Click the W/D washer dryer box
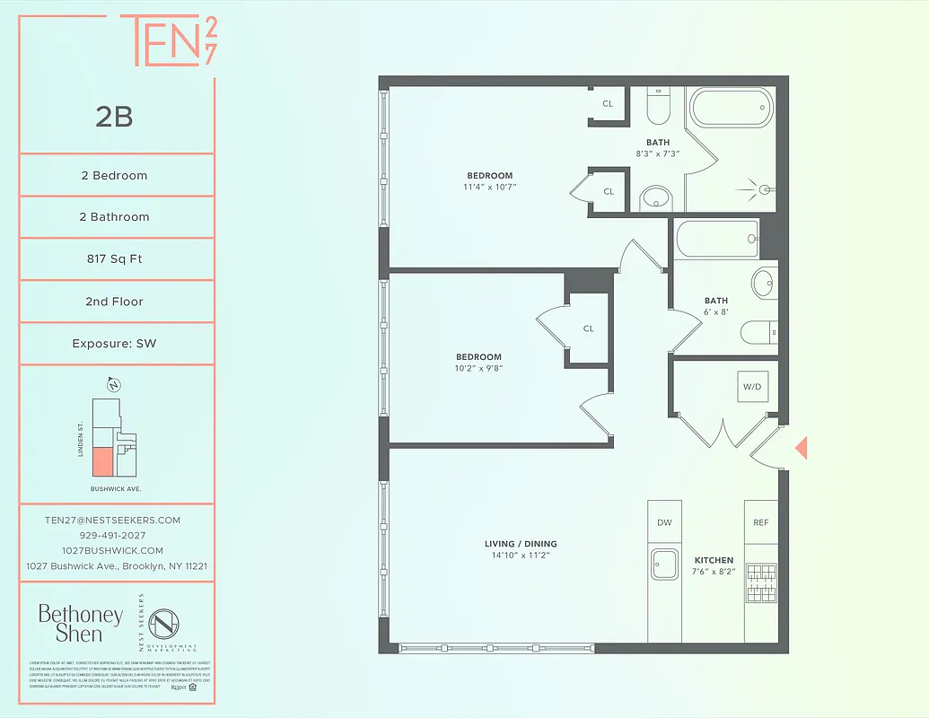tap(751, 388)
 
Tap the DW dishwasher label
tap(664, 522)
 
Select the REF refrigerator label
tap(760, 522)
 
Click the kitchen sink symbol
tap(665, 565)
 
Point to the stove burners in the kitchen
tap(760, 582)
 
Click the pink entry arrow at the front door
tap(802, 447)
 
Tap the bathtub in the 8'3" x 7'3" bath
tap(730, 109)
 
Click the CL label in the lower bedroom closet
tap(588, 328)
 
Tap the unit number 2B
tap(114, 117)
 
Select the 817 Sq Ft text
tap(114, 259)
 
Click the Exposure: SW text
tap(114, 344)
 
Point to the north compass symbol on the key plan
tap(114, 386)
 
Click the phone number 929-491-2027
tap(113, 535)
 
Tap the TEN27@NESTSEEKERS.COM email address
tap(113, 520)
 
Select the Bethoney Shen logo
tap(80, 623)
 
